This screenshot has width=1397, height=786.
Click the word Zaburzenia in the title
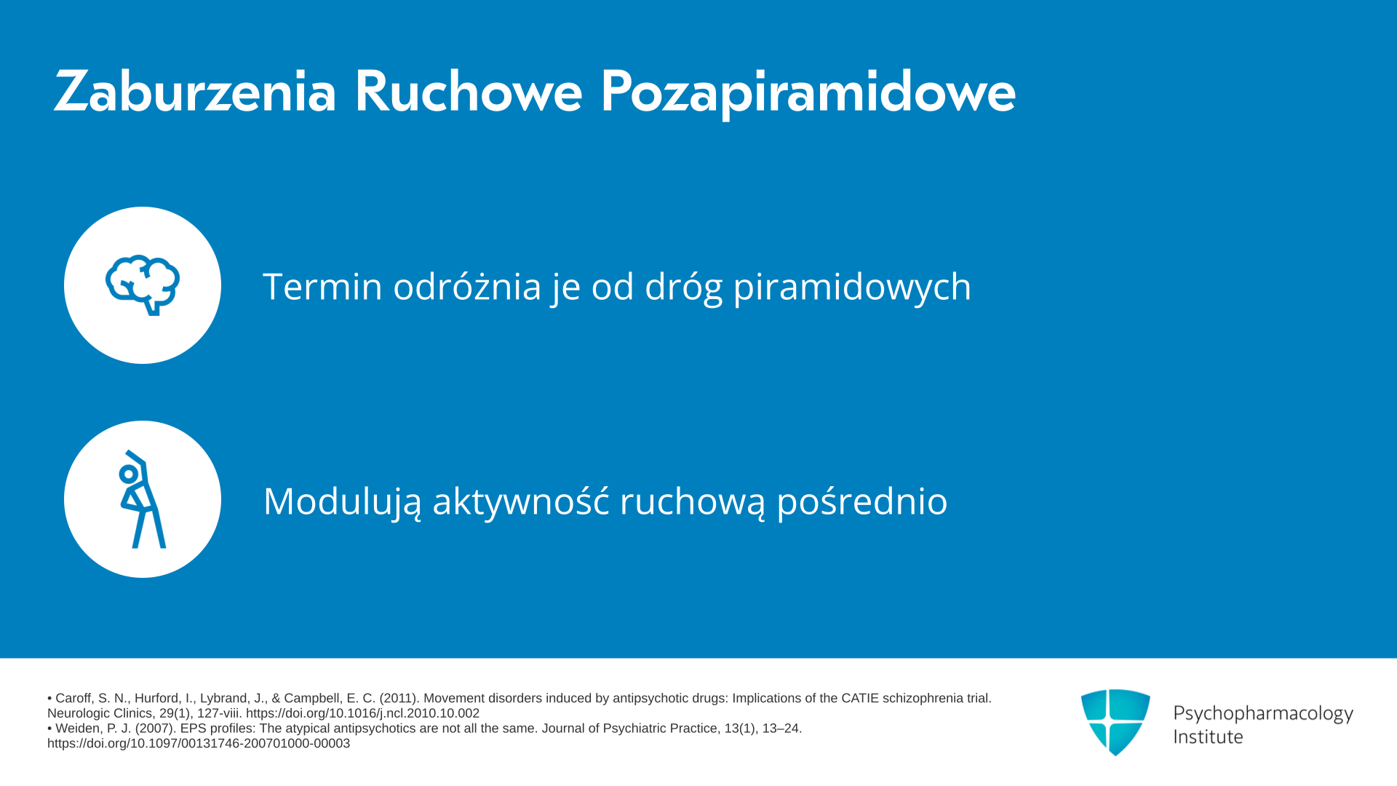pos(195,92)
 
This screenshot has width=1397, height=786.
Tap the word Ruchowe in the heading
pos(468,92)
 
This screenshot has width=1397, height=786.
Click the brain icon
pos(143,285)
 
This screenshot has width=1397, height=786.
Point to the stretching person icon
pos(143,499)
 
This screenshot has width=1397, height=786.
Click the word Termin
pos(322,286)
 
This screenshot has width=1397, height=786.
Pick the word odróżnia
pos(467,285)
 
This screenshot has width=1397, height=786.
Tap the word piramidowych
pos(852,287)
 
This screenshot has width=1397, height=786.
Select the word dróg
pos(684,287)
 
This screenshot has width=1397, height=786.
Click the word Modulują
pos(342,501)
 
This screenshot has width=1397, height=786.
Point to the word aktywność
pos(521,501)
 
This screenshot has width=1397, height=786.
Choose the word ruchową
pos(693,501)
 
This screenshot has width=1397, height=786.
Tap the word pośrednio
pos(862,501)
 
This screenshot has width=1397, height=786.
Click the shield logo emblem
pos(1115,723)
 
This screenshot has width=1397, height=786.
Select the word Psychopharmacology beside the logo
pos(1263,714)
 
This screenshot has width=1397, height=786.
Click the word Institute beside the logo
pos(1208,737)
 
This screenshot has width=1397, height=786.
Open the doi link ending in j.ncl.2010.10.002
pos(362,713)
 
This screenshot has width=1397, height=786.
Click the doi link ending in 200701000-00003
pos(199,744)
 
